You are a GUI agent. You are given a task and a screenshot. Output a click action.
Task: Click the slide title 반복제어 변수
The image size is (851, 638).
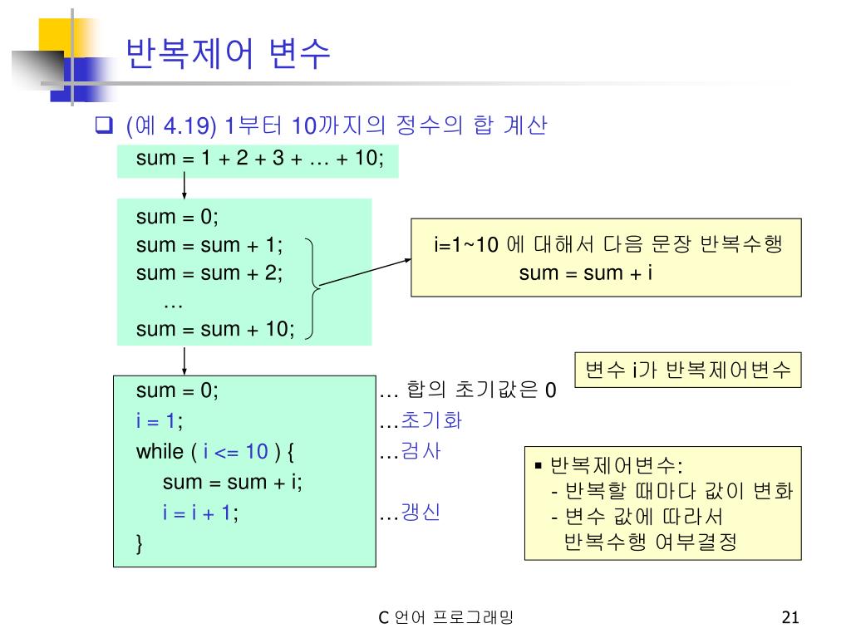pyautogui.click(x=228, y=55)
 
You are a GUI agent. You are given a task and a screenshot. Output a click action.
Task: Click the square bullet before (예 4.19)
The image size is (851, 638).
pyautogui.click(x=104, y=127)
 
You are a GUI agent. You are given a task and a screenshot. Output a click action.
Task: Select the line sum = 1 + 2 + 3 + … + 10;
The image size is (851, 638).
pyautogui.click(x=259, y=159)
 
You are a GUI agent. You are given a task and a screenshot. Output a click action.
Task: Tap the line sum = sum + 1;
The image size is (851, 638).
pyautogui.click(x=209, y=245)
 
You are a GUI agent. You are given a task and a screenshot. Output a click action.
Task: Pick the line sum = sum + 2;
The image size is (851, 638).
pyautogui.click(x=209, y=272)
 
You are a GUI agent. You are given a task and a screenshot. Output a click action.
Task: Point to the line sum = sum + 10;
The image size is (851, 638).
pyautogui.click(x=215, y=329)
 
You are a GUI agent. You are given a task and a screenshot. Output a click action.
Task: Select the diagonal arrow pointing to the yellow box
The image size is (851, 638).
pyautogui.click(x=366, y=272)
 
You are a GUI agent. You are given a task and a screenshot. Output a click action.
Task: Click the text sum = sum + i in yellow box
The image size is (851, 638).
pyautogui.click(x=585, y=273)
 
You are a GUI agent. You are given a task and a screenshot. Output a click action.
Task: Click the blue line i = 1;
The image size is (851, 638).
pyautogui.click(x=160, y=420)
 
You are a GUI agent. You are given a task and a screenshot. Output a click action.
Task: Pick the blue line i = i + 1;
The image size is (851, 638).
pyautogui.click(x=200, y=513)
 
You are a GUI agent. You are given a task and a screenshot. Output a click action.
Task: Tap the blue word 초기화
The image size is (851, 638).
pyautogui.click(x=431, y=420)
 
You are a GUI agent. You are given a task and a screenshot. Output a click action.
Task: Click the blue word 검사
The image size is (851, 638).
pyautogui.click(x=421, y=452)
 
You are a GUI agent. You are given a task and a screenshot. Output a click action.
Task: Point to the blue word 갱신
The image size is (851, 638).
pyautogui.click(x=421, y=513)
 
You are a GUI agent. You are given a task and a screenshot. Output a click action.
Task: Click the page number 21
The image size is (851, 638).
pyautogui.click(x=790, y=617)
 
